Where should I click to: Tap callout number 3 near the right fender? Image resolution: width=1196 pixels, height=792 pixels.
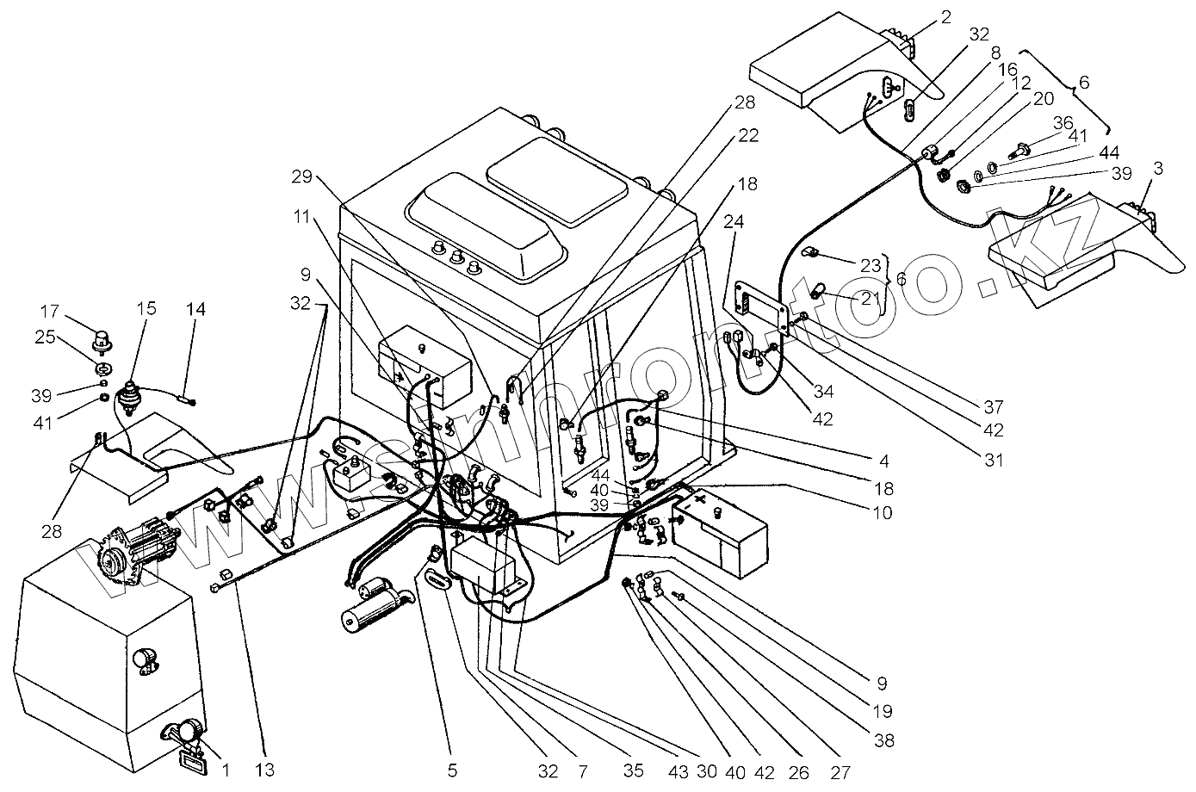(x=1157, y=170)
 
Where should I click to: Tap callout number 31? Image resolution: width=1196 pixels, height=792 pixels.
(x=994, y=460)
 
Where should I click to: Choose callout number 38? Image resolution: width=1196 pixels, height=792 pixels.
(x=883, y=739)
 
